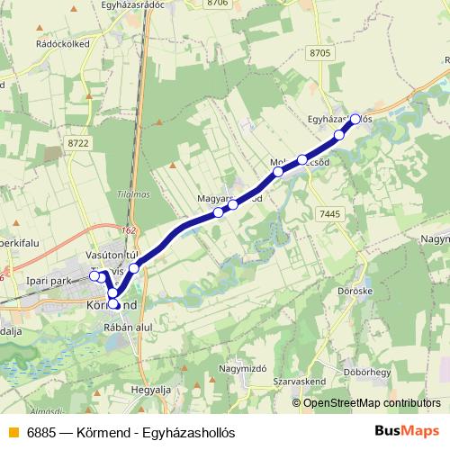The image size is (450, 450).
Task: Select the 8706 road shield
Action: coord(217,4)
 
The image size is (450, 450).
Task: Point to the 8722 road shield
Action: coord(78,143)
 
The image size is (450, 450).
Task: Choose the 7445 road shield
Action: coord(328,213)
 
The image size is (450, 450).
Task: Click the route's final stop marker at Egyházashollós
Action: coord(355,118)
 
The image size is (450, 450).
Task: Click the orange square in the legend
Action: coord(12,431)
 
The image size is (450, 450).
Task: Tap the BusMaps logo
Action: coord(407,430)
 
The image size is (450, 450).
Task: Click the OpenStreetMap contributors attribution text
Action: coord(371,402)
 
